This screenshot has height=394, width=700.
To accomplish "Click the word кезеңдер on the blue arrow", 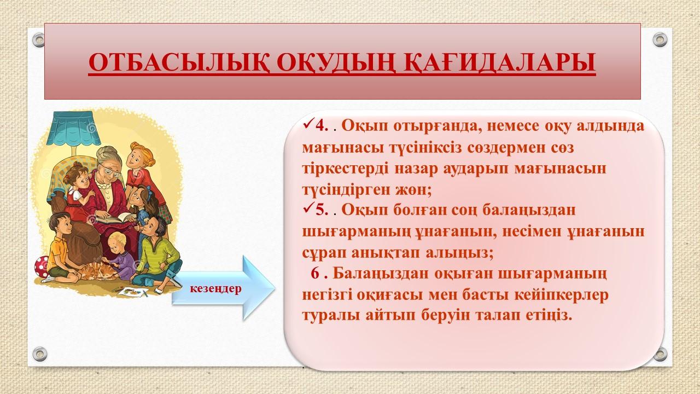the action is tap(215, 288).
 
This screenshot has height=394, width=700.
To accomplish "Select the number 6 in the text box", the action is tap(314, 274).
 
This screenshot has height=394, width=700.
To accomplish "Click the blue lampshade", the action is tap(74, 128).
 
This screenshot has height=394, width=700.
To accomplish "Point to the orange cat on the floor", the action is tap(97, 271).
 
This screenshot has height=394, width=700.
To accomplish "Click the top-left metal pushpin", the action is tap(39, 40).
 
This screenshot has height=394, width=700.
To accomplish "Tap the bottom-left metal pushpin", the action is tap(40, 354).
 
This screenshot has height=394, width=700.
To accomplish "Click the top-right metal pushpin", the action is tap(660, 40).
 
